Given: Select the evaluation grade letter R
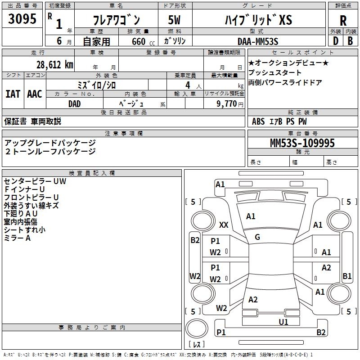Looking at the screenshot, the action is click(x=343, y=21).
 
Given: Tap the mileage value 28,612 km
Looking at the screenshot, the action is click(x=54, y=65).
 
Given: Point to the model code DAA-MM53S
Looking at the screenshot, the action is click(x=258, y=41).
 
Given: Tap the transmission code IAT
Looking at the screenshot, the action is click(x=13, y=94).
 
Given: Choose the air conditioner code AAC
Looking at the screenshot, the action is click(x=34, y=94).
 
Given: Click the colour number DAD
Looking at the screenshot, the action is click(x=74, y=103).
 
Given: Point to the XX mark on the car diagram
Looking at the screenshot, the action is click(x=224, y=225).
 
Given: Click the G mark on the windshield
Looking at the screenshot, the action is click(x=257, y=237).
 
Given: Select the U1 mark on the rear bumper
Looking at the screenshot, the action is click(x=283, y=322).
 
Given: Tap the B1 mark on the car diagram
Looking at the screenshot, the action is click(x=347, y=276).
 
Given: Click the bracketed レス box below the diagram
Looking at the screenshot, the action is click(x=196, y=344).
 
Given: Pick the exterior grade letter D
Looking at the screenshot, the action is click(x=335, y=41).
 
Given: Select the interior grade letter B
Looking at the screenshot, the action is click(x=350, y=41).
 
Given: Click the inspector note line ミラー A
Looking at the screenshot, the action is click(x=17, y=238).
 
